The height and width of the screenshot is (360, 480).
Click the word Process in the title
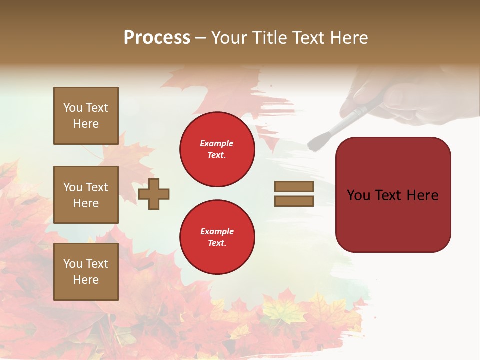tap(157, 38)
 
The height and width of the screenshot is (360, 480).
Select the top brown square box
tap(86, 116)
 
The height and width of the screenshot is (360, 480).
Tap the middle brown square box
tap(86, 195)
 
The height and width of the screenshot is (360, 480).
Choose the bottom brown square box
tap(86, 272)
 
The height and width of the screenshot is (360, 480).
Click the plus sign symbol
tap(154, 194)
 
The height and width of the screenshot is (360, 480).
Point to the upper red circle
tap(217, 149)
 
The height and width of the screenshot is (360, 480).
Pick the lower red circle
tap(217, 237)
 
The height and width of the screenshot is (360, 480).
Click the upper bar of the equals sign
tap(294, 187)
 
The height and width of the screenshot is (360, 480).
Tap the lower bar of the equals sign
tap(294, 201)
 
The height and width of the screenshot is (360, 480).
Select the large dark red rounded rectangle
tap(393, 195)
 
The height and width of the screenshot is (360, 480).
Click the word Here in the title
tap(348, 38)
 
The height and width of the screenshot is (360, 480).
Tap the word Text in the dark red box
tap(392, 195)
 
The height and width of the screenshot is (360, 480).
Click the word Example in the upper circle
tap(217, 144)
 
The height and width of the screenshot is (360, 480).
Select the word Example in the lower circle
tap(217, 232)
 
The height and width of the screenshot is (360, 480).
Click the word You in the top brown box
tap(73, 108)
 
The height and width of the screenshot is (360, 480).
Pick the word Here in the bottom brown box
tap(86, 280)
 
